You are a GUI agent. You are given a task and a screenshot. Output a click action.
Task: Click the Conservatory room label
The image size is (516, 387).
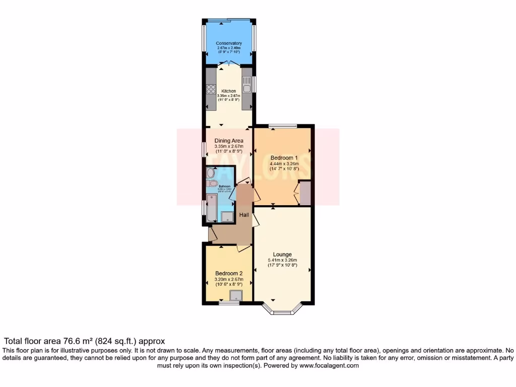click(x=229, y=43)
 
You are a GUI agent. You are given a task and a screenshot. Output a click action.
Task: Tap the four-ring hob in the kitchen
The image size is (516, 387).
click(x=211, y=90)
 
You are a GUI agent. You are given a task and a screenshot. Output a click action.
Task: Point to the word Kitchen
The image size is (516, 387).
click(x=229, y=91)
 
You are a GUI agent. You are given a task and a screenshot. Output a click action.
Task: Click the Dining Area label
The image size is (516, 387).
click(x=229, y=141)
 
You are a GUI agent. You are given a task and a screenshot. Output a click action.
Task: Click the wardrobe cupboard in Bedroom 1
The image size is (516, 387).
click(x=305, y=193)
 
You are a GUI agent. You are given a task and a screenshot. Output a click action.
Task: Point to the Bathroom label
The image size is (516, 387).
click(x=225, y=186)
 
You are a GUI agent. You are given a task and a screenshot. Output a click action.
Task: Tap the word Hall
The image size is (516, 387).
click(x=244, y=215)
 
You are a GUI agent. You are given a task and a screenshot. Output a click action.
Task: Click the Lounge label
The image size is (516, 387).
click(x=283, y=254)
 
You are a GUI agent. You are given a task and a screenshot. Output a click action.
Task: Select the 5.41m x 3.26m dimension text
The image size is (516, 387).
click(x=283, y=261)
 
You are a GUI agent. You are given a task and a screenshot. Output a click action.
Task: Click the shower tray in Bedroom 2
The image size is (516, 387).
click(x=235, y=295)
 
